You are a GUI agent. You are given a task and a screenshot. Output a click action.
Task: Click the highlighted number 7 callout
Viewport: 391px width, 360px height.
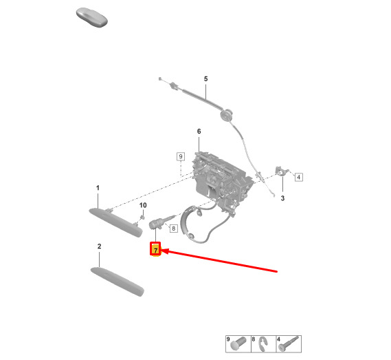tap(155, 249)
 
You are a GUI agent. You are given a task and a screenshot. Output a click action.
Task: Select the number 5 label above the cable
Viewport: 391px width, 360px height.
tap(205, 79)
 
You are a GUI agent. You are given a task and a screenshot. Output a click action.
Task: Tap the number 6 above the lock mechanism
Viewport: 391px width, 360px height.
tap(199, 131)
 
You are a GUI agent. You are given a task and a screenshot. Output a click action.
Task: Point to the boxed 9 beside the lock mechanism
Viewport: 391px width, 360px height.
tap(181, 157)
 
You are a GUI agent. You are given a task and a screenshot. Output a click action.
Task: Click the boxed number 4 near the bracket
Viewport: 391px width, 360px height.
tap(299, 177)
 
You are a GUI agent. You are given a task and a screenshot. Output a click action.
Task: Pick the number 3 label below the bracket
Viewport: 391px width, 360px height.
tap(282, 198)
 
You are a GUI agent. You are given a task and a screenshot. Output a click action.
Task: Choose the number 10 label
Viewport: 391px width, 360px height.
tap(143, 205)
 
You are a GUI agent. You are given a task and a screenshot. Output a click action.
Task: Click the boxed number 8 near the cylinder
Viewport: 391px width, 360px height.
tap(174, 228)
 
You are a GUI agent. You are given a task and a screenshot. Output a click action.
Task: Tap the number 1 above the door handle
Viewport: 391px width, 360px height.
tap(98, 188)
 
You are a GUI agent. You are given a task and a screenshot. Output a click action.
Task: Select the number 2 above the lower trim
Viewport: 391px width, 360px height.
tap(99, 246)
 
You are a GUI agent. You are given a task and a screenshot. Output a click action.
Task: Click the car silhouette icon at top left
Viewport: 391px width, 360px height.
tap(92, 17)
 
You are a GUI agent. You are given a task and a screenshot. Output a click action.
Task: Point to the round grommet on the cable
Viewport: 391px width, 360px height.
tap(226, 116)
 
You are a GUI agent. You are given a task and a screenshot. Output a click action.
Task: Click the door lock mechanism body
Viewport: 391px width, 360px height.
tap(221, 182)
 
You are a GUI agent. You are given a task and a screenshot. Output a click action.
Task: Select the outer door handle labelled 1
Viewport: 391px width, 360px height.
tap(115, 222)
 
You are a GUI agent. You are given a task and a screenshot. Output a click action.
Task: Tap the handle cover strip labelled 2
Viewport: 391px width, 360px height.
tap(118, 282)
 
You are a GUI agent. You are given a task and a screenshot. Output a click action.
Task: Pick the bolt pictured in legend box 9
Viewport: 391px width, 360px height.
tap(238, 344)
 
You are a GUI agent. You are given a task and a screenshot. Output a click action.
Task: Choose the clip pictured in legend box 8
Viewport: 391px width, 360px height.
tap(263, 344)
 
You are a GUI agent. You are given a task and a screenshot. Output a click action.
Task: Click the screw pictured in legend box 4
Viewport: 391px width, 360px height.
tap(289, 343)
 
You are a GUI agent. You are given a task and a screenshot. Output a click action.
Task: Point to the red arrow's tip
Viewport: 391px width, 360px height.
tap(161, 250)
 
